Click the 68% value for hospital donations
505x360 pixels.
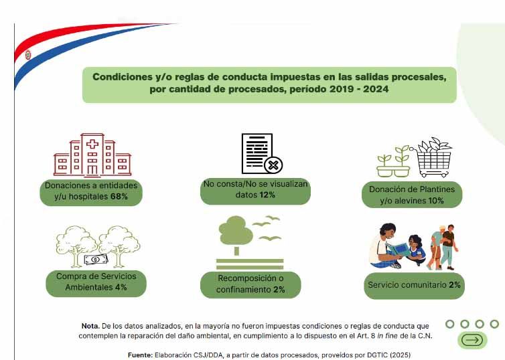[119, 196]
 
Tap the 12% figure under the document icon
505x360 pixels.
[267, 195]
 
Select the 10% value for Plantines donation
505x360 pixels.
[436, 201]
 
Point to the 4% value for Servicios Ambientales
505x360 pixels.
[121, 287]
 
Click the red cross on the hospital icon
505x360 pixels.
[92, 143]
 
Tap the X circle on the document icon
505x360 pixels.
[273, 165]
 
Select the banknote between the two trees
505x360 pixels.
[96, 260]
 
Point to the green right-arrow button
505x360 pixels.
[472, 340]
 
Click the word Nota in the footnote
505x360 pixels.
[90, 326]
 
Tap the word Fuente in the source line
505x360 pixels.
[140, 355]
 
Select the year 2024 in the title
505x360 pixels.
[376, 89]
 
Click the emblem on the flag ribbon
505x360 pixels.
[28, 55]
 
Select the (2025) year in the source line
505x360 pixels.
[401, 355]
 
